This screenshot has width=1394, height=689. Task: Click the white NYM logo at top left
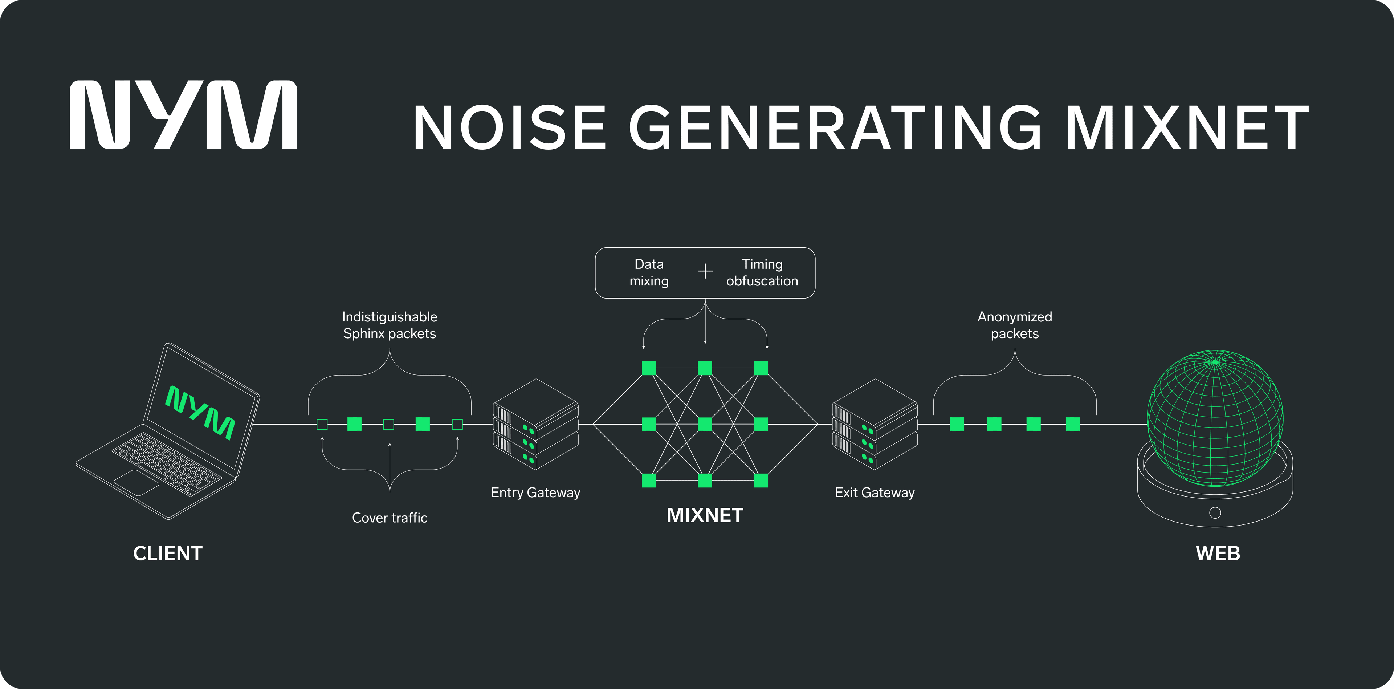click(183, 115)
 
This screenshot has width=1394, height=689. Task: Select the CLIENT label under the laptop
click(168, 553)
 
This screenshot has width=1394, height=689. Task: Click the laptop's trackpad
click(136, 482)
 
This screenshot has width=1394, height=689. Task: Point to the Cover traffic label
click(389, 518)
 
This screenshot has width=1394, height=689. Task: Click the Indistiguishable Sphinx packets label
click(389, 325)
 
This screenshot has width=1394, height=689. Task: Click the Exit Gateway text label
click(875, 493)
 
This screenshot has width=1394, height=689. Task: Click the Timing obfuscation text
click(762, 272)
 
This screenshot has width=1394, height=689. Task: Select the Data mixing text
click(649, 272)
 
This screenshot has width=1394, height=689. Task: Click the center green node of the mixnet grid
click(705, 424)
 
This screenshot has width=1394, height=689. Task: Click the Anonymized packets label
click(1014, 325)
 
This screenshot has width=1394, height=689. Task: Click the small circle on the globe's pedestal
click(1215, 512)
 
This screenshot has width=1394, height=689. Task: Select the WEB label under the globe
click(1218, 553)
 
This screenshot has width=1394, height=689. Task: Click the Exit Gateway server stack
click(875, 425)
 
